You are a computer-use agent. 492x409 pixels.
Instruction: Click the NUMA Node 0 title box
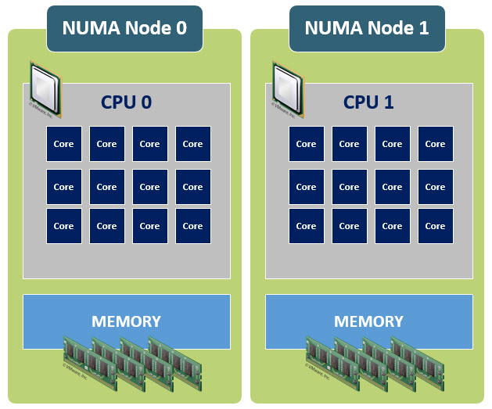point(124,29)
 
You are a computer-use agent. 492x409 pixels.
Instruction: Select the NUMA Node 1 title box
point(367,29)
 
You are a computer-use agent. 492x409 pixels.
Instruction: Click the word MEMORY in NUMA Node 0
point(126,321)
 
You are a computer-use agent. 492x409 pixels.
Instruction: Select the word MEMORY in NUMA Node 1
point(368,321)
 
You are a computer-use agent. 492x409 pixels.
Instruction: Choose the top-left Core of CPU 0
point(64,144)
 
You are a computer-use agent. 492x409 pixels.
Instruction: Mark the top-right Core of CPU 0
point(192,144)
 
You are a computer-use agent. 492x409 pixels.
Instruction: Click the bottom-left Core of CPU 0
point(64,226)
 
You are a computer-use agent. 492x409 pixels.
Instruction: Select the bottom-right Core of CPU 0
point(192,226)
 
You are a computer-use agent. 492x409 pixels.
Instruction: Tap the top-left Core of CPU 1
point(307,144)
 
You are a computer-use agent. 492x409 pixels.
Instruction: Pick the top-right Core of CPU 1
point(435,144)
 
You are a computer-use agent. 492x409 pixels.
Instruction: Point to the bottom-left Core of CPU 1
point(307,226)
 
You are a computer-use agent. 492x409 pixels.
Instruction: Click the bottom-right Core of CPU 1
point(435,226)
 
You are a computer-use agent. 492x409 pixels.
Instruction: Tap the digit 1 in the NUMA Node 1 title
point(423,29)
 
